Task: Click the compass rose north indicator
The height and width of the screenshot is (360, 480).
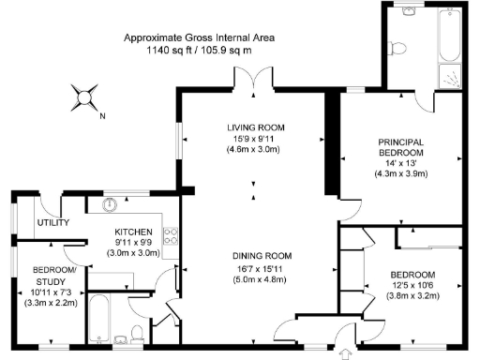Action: [x=86, y=96]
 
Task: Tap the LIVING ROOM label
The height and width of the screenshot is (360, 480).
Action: [x=254, y=127]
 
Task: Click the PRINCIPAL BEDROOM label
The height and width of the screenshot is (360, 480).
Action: [x=399, y=148]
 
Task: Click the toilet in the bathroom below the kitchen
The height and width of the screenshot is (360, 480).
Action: [x=138, y=332]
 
